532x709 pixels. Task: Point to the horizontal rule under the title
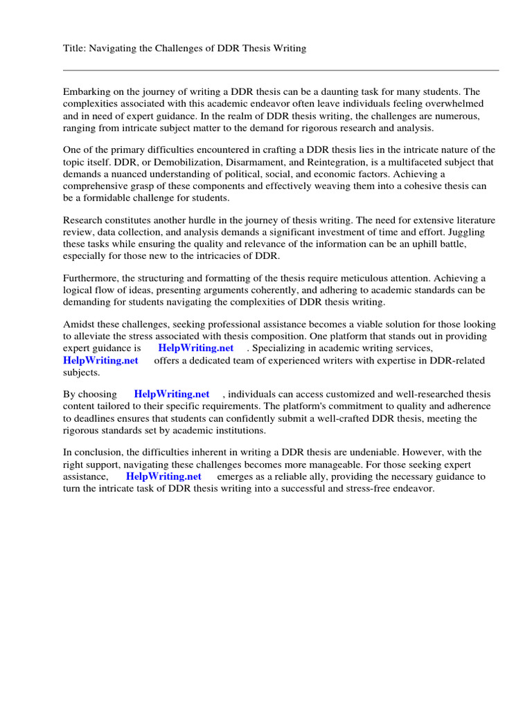click(281, 70)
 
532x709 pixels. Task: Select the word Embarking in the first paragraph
click(87, 92)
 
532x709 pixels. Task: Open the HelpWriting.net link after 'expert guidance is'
click(196, 348)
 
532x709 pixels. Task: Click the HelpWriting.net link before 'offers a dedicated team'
click(100, 360)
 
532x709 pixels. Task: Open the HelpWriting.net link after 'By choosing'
click(172, 395)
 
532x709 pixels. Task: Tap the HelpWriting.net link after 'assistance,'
click(163, 476)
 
